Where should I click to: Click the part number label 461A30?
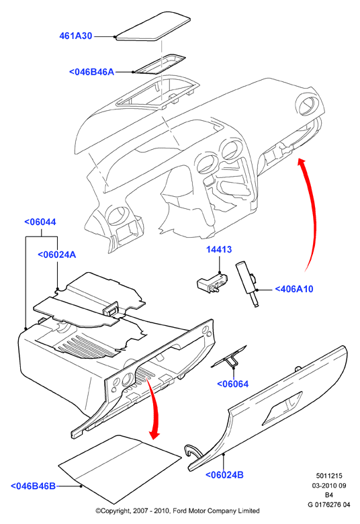75,36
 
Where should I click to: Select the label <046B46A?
91,72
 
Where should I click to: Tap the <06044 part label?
40,222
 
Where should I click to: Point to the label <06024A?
56,255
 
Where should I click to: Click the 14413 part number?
219,249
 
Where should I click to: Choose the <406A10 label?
294,289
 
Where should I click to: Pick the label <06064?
233,384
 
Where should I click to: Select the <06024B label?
224,474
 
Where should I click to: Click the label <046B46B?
33,486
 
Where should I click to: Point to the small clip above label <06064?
230,357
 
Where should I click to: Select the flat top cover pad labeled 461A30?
152,27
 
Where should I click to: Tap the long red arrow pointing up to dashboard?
313,213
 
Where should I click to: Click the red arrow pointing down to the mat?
154,411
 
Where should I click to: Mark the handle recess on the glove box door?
284,408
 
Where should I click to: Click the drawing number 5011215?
329,476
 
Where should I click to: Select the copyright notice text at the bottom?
177,511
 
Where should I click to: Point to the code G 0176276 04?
329,505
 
